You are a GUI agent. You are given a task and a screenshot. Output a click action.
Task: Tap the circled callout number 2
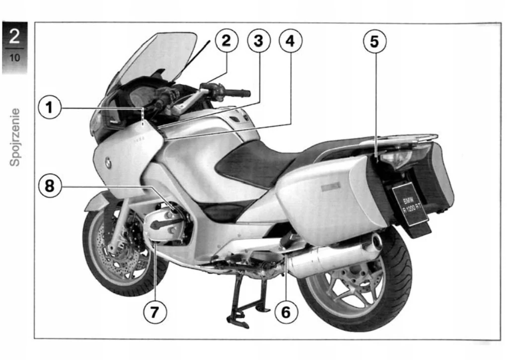[226, 41]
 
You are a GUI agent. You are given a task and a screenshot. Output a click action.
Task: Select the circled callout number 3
[258, 41]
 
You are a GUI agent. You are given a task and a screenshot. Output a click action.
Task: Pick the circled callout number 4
[290, 41]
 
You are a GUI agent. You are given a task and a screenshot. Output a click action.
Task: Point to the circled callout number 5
[374, 42]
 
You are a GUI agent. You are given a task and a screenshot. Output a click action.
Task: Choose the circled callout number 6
[286, 312]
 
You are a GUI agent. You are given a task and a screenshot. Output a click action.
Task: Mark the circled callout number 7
[154, 312]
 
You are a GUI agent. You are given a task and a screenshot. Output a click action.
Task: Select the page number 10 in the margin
[15, 58]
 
